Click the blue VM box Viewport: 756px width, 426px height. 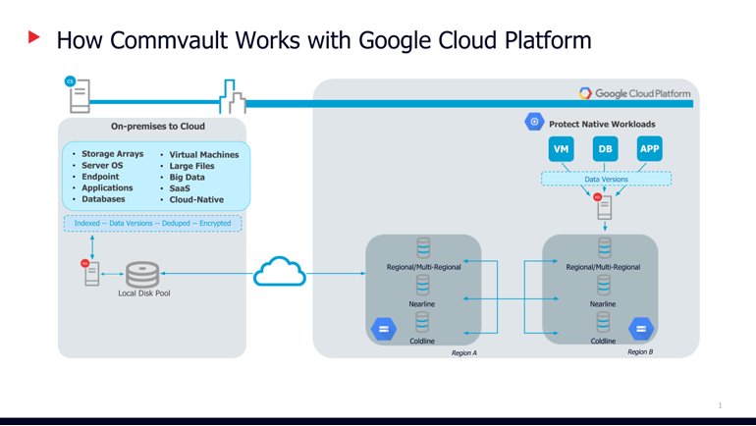(x=561, y=149)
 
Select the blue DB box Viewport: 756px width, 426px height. (x=606, y=149)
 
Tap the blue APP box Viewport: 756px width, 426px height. (x=650, y=149)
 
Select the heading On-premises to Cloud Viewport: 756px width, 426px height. (x=151, y=126)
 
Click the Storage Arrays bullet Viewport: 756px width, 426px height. (x=108, y=154)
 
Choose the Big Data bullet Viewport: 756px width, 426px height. (x=192, y=177)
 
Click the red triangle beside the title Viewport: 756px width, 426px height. (x=34, y=38)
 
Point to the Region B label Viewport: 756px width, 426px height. (x=639, y=351)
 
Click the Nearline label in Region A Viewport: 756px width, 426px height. (x=424, y=304)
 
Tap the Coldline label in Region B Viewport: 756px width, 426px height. (x=604, y=341)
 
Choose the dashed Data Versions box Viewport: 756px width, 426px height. (x=605, y=180)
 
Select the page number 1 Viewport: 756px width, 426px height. (x=721, y=403)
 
